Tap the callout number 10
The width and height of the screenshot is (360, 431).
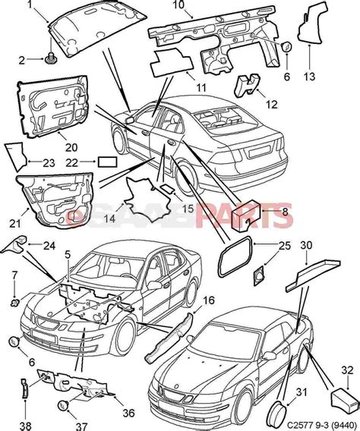point(178,5)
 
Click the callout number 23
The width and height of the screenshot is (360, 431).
point(49,162)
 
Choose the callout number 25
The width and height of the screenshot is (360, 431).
point(284,246)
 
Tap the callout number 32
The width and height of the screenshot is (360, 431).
point(347,370)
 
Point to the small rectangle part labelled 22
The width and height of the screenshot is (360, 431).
point(108,162)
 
